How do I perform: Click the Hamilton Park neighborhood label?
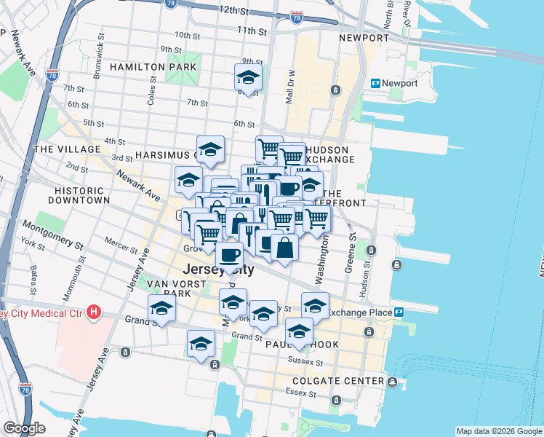pos(153,67)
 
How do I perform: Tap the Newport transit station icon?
pos(376,84)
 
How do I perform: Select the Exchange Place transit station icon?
pos(399,312)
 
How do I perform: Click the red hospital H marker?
pos(93,313)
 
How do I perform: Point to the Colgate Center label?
pos(337,381)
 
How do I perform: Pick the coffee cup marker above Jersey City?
pos(230,255)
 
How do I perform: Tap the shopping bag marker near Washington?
pos(284,247)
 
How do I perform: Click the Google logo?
pos(24,428)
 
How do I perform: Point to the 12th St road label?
pos(234,10)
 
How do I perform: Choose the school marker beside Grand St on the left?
pos(161,308)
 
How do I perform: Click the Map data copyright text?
pos(498,431)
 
